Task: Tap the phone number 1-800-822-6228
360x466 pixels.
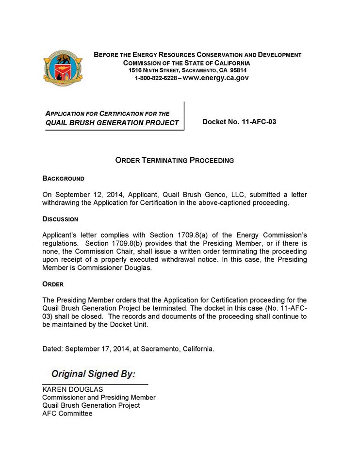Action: tap(156, 78)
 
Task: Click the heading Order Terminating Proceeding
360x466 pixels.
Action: tap(175, 160)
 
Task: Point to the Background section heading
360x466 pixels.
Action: tap(64, 179)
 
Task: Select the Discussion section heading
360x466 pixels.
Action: tap(60, 219)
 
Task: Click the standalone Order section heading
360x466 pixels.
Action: tap(53, 284)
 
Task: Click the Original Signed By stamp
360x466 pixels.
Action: tap(93, 374)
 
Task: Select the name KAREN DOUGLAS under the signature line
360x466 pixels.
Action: tap(73, 389)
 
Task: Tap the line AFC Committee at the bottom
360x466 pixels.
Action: tap(67, 414)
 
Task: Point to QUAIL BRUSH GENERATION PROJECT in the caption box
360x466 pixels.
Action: tap(112, 123)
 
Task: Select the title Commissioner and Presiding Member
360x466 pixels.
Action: tap(99, 398)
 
